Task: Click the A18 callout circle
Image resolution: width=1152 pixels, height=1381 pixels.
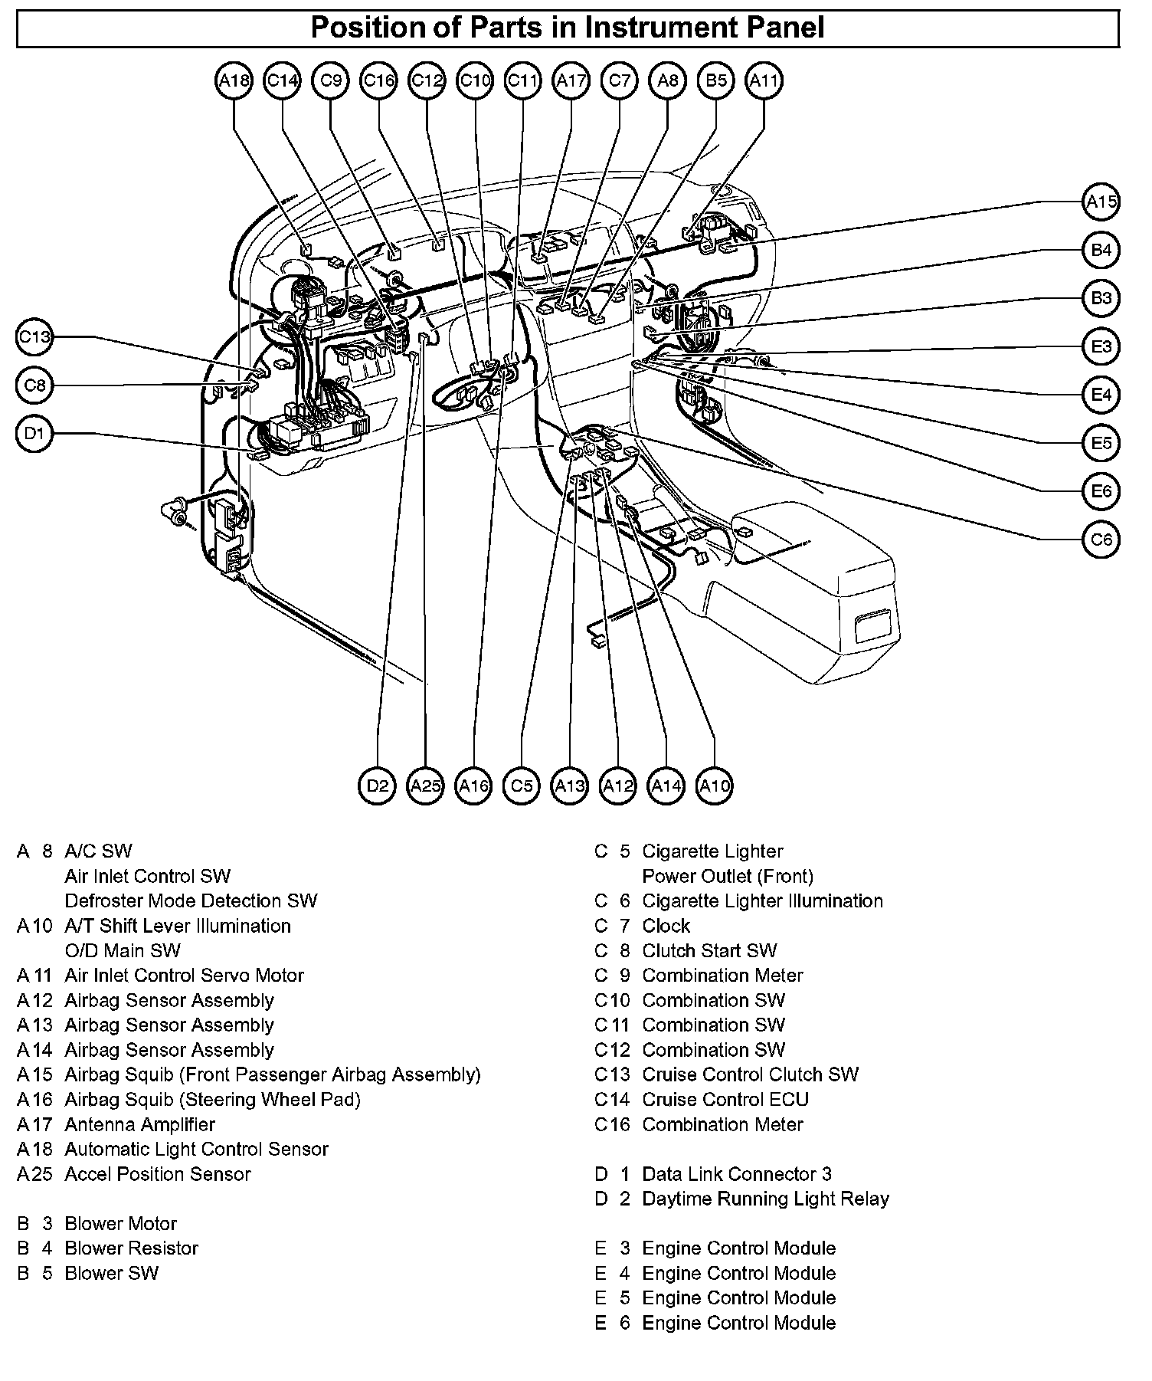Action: [x=234, y=80]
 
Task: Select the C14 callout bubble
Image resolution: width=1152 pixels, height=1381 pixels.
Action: [x=283, y=80]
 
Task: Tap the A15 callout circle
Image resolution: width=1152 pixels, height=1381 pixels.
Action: [x=1101, y=202]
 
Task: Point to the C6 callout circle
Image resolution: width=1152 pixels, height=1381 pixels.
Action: [x=1101, y=540]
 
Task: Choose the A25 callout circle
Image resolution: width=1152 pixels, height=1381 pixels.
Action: [x=426, y=786]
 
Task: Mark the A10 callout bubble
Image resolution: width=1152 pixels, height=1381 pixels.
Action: [x=715, y=786]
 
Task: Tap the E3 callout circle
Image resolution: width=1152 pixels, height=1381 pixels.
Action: [x=1101, y=346]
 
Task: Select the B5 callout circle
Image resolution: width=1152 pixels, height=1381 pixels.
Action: [x=716, y=80]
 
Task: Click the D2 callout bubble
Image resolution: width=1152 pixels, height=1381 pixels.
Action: [x=378, y=786]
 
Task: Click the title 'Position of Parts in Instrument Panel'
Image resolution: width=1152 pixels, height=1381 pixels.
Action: [x=568, y=28]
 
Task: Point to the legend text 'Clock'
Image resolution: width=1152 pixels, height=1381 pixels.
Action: [x=666, y=926]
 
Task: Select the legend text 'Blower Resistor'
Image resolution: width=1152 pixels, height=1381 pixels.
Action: [x=131, y=1248]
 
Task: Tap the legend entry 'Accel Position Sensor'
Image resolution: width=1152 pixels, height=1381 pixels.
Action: [x=157, y=1174]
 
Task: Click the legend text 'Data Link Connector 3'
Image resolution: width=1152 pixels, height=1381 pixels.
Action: [x=736, y=1174]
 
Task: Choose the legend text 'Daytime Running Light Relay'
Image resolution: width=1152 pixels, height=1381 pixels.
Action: [x=765, y=1199]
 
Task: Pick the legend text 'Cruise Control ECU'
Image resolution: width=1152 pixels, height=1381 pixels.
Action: [x=725, y=1100]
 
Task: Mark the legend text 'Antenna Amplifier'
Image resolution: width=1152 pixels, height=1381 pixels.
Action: [x=139, y=1124]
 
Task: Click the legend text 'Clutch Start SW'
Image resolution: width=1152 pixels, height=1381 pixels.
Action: [x=709, y=950]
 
